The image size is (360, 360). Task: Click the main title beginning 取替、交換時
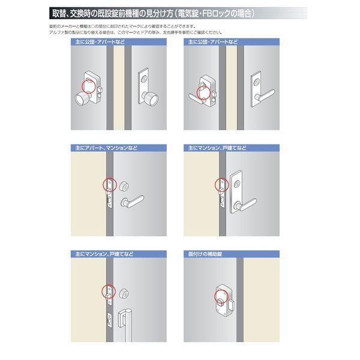click(x=152, y=13)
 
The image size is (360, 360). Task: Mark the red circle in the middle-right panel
click(x=219, y=185)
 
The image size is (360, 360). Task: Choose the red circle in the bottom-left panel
click(x=109, y=290)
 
